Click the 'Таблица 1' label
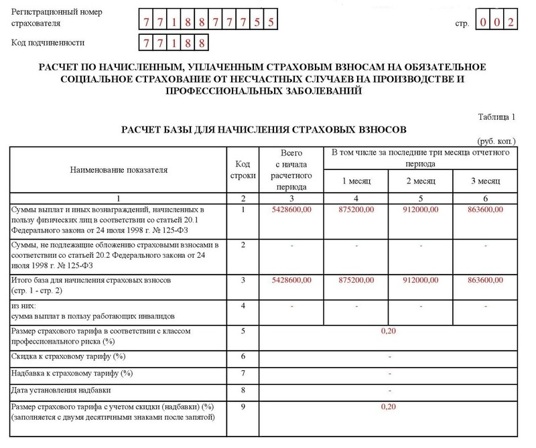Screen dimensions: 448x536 pos(496,117)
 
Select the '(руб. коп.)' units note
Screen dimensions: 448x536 pos(496,142)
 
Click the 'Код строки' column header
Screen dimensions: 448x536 pos(243,170)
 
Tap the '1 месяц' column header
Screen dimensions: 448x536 pos(356,181)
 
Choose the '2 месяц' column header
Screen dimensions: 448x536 pos(421,181)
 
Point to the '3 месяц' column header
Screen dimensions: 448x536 pos(486,181)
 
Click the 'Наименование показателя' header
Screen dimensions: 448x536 pos(119,170)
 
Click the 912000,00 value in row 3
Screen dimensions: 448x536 pos(421,278)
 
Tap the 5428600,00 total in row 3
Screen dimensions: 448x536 pos(291,278)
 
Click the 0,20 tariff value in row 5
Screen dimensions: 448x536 pos(389,330)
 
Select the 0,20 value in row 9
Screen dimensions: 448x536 pos(389,406)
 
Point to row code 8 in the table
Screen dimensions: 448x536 pos(243,389)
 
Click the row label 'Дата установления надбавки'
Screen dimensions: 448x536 pos(61,390)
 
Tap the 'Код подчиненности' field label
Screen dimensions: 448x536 pos(48,44)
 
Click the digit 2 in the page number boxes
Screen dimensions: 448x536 pos(511,22)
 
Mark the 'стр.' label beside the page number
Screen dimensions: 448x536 pos(462,23)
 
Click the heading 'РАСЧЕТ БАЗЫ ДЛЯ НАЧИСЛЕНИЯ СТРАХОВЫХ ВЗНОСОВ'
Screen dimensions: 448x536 pos(264,129)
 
